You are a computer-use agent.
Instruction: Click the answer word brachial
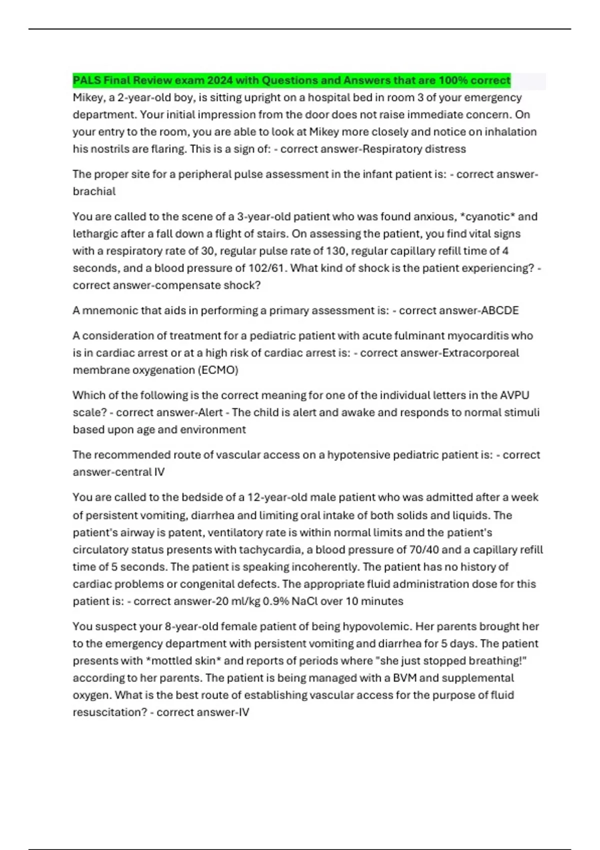[x=94, y=191]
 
